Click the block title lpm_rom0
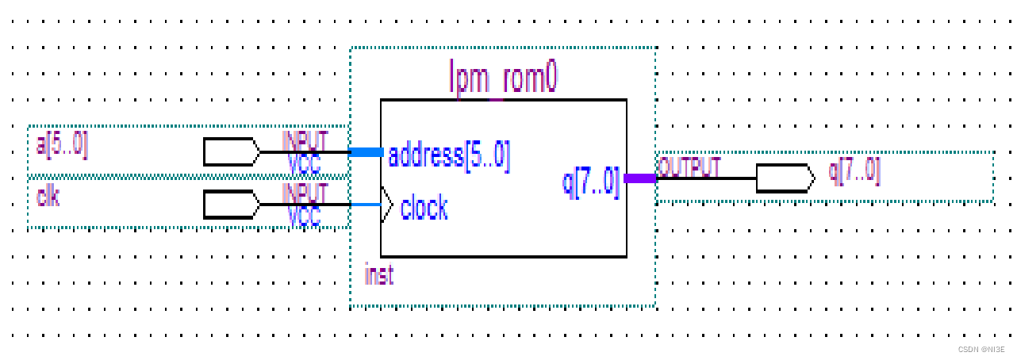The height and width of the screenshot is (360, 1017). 503,78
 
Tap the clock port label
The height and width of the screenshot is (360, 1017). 424,209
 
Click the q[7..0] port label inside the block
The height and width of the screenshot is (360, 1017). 591,182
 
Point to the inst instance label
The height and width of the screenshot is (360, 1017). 378,275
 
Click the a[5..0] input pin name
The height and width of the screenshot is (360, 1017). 63,146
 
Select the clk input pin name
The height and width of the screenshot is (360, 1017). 48,197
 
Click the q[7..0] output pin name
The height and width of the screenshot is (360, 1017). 854,170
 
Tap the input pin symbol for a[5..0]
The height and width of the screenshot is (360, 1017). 231,151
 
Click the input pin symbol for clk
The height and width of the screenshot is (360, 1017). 231,204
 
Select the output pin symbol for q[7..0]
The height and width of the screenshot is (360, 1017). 785,178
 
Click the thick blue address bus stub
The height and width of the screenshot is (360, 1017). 367,151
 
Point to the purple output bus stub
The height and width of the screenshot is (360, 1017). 640,178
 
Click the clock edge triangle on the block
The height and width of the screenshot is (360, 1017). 387,205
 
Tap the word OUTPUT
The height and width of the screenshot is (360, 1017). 689,167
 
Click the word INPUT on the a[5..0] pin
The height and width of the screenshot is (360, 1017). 305,140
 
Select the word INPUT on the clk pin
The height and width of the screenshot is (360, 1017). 305,192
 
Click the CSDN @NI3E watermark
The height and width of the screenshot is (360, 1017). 981,349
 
